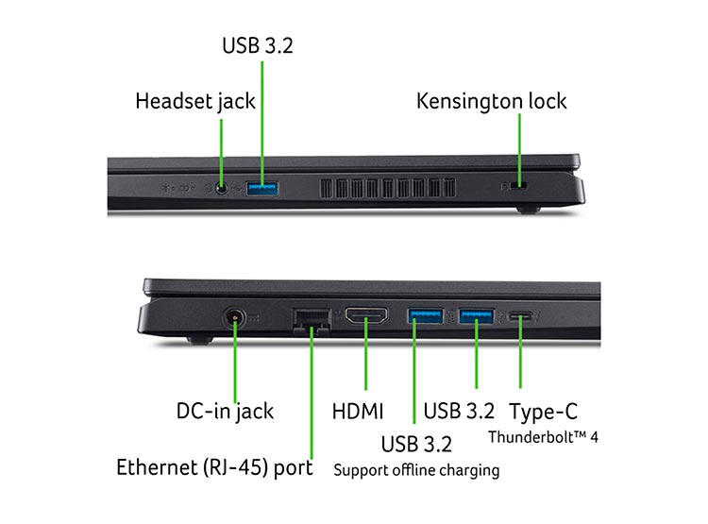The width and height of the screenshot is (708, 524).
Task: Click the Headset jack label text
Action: tap(195, 101)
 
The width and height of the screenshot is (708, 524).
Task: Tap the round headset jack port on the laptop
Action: tap(221, 188)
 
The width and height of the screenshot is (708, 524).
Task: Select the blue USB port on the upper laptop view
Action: tap(261, 189)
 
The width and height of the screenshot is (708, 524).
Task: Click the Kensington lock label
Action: tap(491, 101)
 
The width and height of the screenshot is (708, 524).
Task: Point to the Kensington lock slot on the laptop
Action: tap(519, 185)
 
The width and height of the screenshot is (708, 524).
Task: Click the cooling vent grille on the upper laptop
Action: tap(387, 188)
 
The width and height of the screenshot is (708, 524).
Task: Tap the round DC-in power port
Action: tap(235, 318)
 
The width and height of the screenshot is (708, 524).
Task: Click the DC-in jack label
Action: tap(225, 412)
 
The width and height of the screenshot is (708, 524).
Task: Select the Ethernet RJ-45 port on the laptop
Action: tap(312, 322)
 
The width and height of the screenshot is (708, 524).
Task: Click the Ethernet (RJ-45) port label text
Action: tap(214, 467)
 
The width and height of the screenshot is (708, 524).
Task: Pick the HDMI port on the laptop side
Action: tap(366, 315)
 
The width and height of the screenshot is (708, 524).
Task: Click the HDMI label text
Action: tap(358, 412)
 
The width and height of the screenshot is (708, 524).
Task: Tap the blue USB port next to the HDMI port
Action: tap(425, 315)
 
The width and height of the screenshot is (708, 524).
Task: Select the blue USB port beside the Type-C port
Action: tap(476, 315)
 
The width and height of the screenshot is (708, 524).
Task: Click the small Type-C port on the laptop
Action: tap(520, 315)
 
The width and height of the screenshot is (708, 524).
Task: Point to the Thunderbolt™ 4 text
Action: tap(543, 437)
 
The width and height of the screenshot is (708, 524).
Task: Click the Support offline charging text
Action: tap(416, 470)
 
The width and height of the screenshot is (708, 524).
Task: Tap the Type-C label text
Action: tap(543, 412)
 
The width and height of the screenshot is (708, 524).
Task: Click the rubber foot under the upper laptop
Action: tap(529, 210)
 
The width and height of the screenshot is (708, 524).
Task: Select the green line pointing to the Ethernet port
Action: tap(312, 393)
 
